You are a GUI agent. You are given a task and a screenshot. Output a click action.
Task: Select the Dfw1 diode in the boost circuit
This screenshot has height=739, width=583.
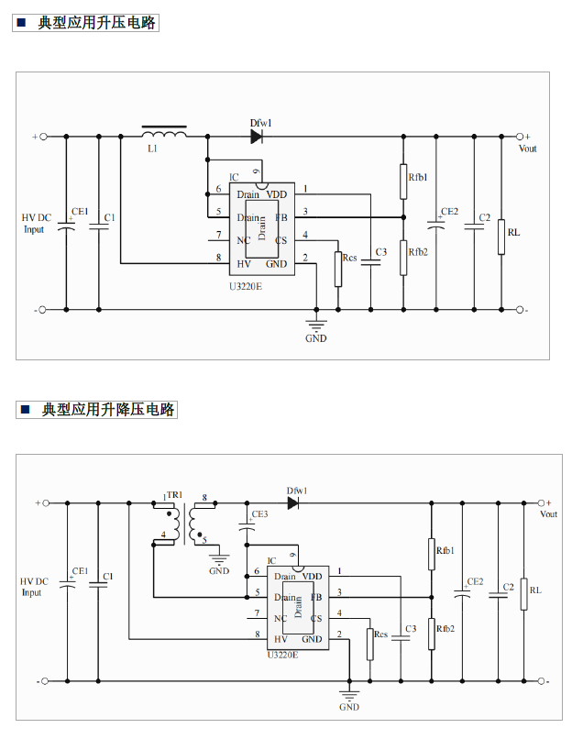coord(257,137)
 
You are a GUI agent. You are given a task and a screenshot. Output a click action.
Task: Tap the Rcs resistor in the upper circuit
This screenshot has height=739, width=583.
coord(338,269)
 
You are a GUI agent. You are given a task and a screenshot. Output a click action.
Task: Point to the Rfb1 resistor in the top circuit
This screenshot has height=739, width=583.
coord(403,182)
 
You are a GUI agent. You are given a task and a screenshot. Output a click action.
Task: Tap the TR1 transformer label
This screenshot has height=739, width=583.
coord(174,495)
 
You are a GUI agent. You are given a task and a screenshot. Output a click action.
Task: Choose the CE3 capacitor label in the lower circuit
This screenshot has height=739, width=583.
coord(259,514)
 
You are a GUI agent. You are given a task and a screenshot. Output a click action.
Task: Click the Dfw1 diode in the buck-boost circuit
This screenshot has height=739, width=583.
coord(293,502)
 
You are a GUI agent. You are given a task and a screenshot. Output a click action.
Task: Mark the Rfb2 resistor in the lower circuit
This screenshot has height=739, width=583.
coord(431,634)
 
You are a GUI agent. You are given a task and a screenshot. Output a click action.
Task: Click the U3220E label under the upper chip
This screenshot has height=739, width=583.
coord(245,286)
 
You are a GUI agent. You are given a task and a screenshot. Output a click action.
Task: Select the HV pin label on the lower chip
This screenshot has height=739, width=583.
coord(281,637)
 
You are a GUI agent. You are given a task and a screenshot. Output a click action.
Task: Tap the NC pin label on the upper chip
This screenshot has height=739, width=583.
coord(243,240)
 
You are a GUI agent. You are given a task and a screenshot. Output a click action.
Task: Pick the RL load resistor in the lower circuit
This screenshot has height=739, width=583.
coord(522,594)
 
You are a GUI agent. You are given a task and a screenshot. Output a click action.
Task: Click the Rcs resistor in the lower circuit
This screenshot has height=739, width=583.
coord(369,644)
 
